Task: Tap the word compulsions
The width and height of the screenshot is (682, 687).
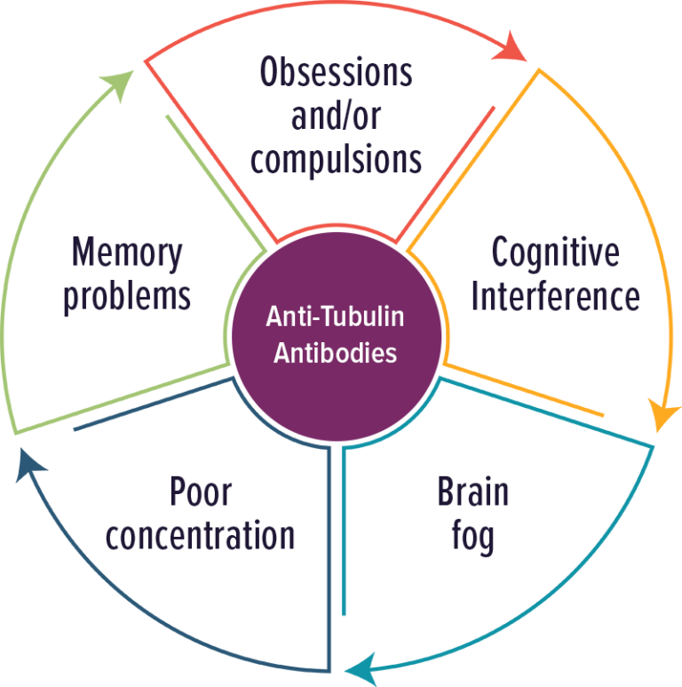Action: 336,160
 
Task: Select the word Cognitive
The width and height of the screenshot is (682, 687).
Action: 555,253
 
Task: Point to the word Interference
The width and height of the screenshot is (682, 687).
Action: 555,296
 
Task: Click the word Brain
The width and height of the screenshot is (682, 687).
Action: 472,491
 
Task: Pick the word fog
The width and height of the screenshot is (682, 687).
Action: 472,537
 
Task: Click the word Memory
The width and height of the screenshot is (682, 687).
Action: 127,253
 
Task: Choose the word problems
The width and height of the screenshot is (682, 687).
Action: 127,297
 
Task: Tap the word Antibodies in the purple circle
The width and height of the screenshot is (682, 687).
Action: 335,353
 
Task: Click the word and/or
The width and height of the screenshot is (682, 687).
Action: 336,117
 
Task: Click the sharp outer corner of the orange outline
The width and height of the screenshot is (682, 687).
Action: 539,68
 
